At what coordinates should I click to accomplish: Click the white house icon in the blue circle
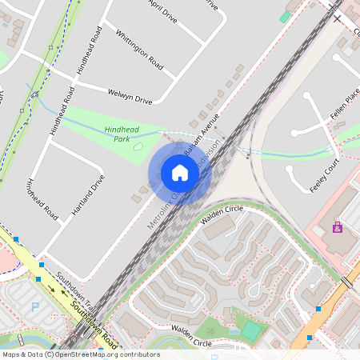tap(180, 173)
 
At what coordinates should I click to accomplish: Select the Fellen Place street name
tap(346, 104)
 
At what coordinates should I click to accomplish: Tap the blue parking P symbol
tap(34, 306)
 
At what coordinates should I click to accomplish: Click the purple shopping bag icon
tap(337, 228)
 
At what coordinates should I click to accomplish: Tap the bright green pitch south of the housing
tap(251, 329)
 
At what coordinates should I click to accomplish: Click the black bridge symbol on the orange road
tap(348, 282)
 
